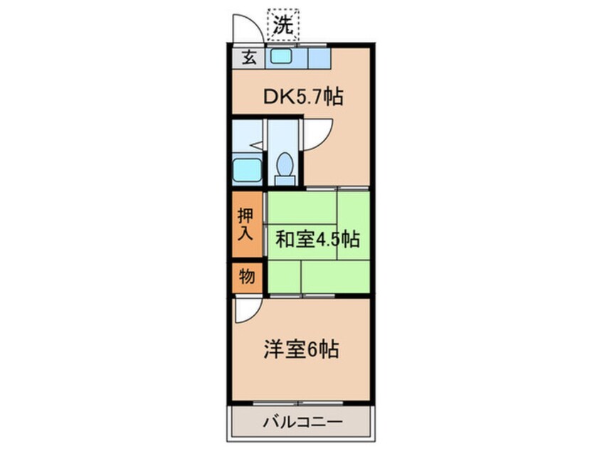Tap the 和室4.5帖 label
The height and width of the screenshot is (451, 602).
318,240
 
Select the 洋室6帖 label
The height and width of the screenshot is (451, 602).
301,349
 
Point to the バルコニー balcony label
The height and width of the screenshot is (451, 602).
302,423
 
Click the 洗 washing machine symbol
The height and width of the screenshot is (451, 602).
283,25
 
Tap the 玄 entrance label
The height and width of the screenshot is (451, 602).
249,58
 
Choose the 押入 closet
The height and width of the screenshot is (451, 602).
247,224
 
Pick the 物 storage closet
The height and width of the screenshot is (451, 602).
247,277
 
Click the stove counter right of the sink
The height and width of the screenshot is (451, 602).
319,58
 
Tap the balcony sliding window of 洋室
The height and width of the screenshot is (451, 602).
298,403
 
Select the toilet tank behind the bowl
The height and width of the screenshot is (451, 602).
285,180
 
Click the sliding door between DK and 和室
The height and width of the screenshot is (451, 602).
337,189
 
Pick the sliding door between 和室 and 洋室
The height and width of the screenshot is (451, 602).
302,295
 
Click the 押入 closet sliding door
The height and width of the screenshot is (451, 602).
265,224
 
